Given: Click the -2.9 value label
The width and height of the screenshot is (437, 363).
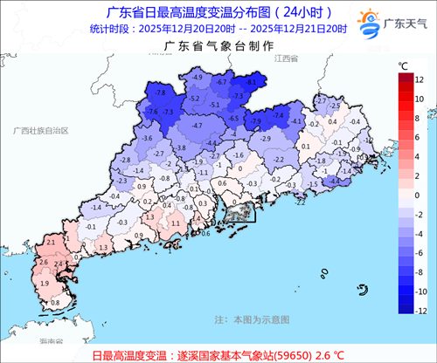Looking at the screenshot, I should click(x=266, y=138).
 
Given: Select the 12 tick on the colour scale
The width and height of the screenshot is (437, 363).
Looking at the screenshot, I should click(x=420, y=79).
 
